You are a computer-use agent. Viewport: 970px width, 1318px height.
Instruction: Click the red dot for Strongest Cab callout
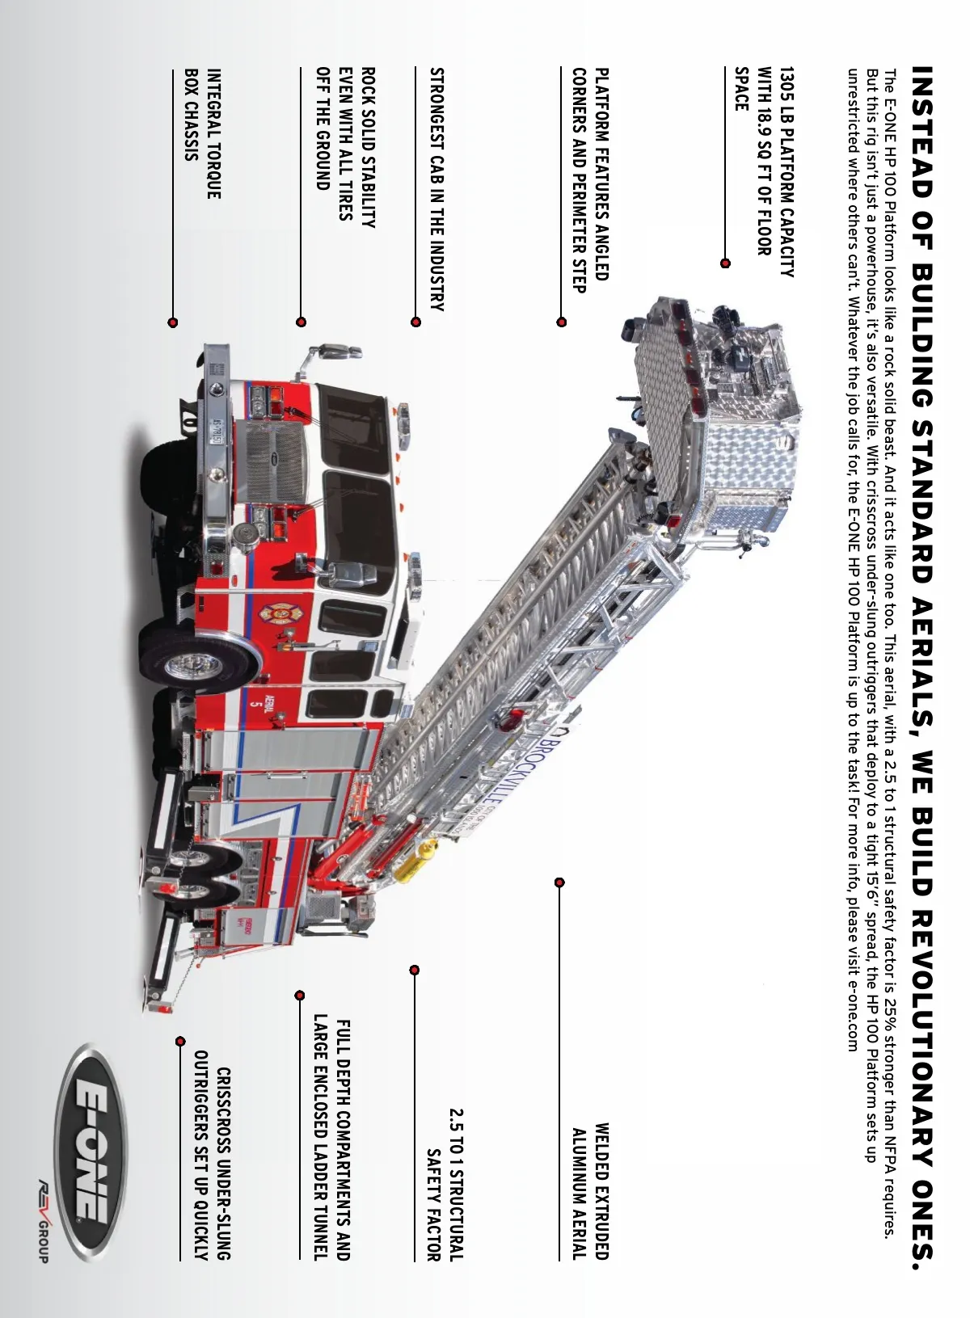415,322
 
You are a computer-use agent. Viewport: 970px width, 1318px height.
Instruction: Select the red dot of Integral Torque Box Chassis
172,322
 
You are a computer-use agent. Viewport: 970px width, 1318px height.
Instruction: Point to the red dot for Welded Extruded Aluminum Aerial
559,882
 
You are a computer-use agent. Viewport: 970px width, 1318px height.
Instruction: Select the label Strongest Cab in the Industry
436,189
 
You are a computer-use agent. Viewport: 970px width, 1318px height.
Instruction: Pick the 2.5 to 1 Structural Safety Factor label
445,1185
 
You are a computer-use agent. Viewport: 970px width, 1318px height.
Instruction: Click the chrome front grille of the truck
276,461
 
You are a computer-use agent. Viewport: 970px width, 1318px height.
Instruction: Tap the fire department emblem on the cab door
280,615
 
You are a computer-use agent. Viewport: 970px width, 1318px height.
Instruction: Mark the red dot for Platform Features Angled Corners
561,322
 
